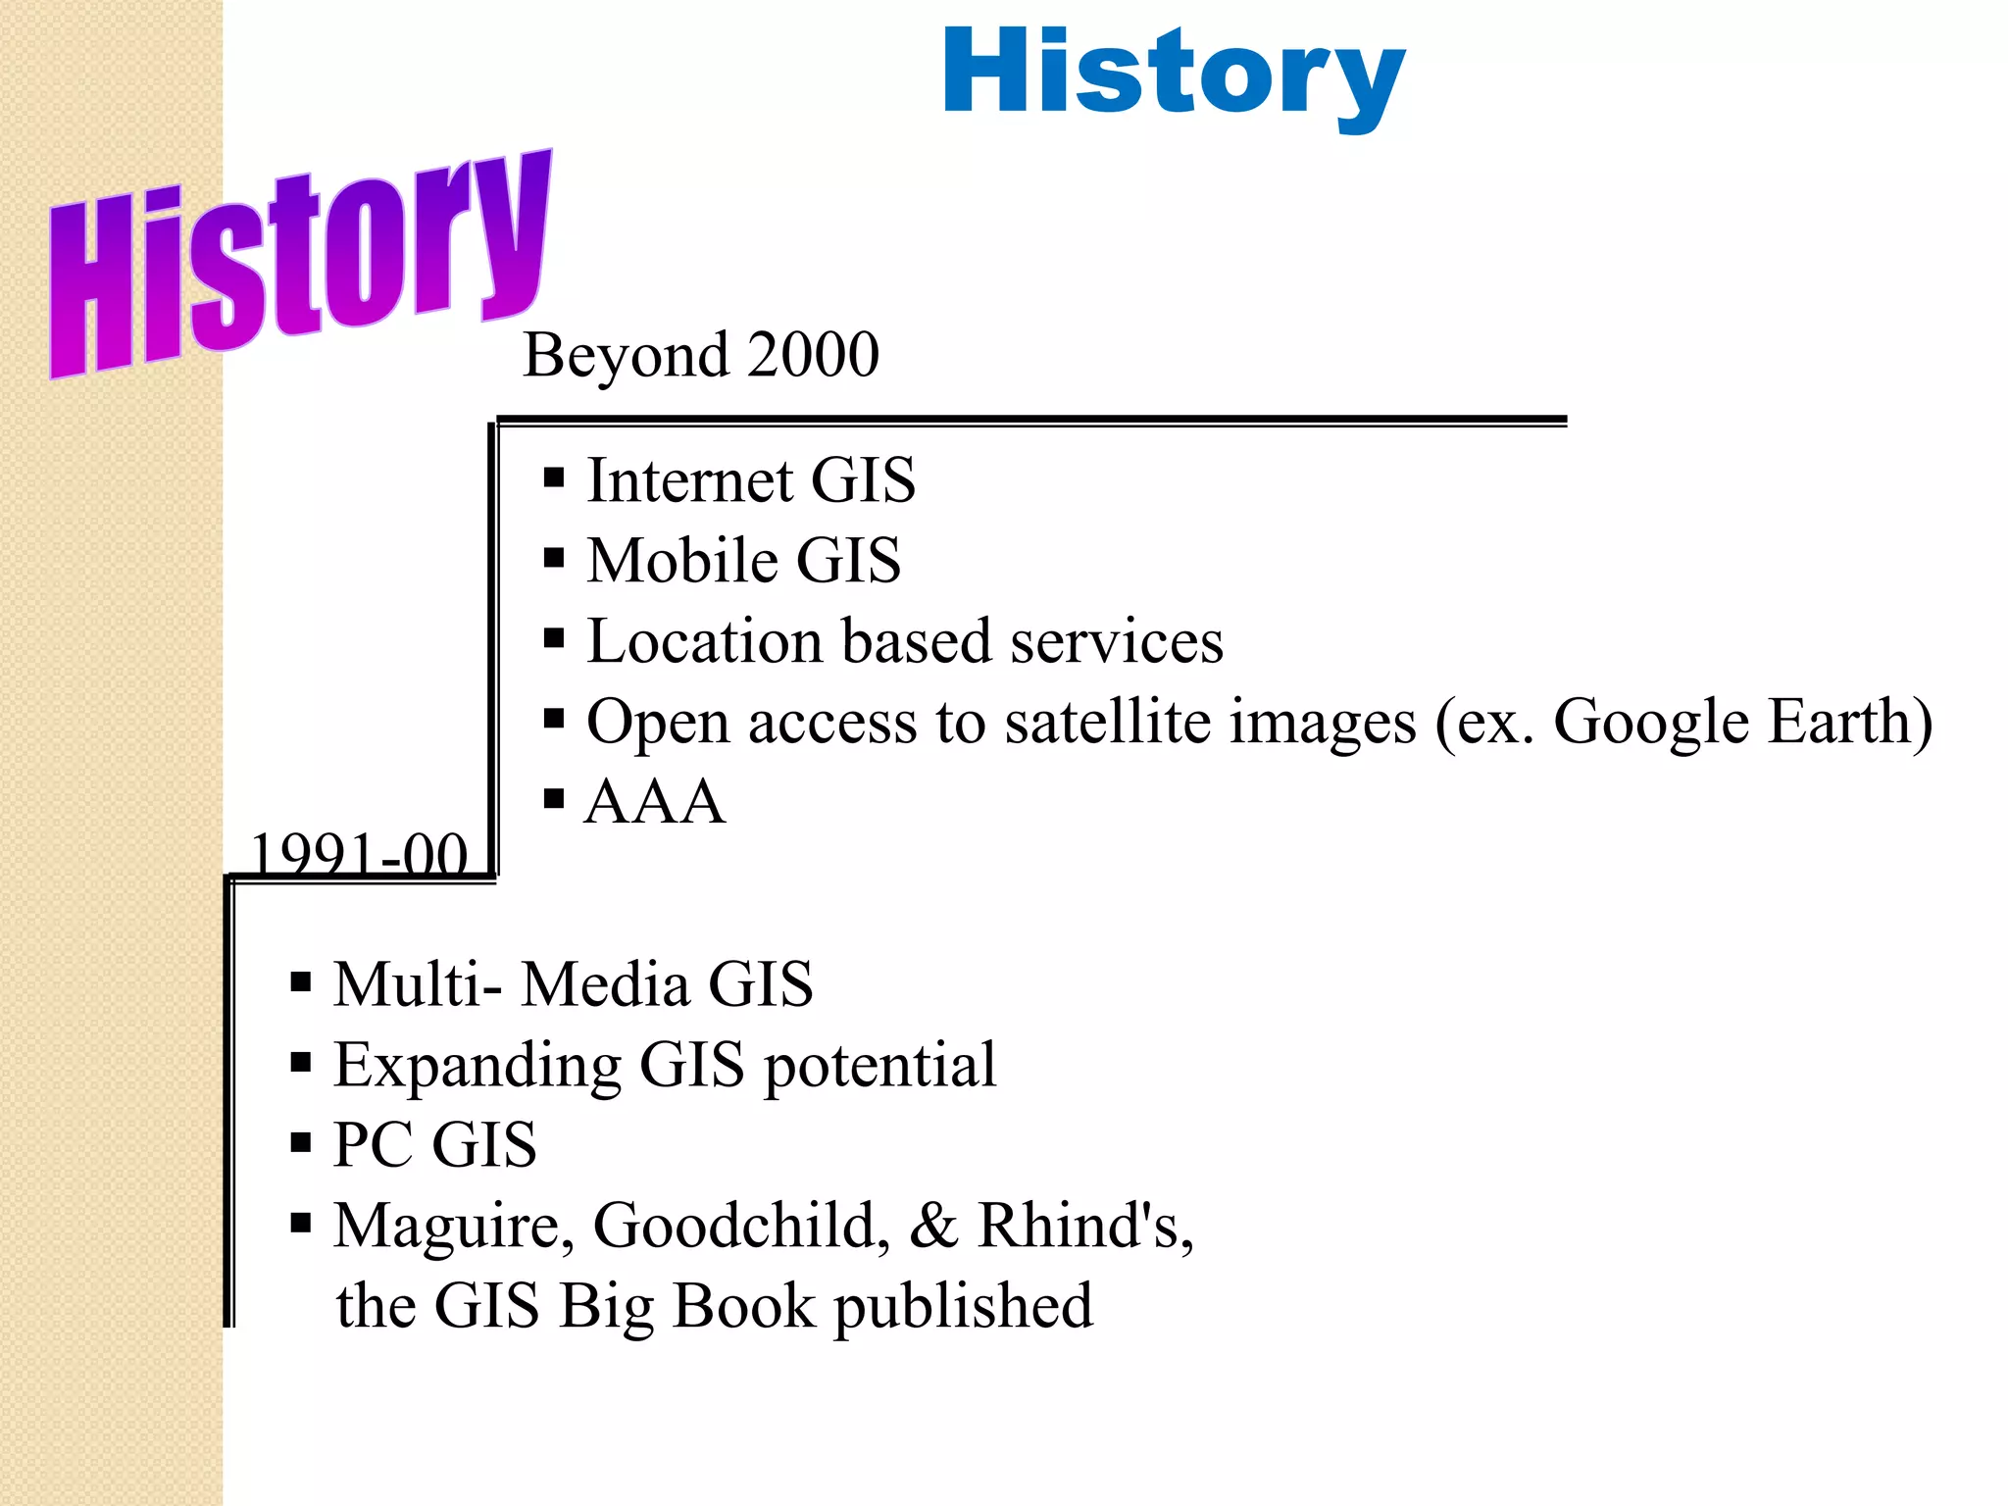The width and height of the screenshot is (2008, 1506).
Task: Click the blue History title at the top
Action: pos(1174,74)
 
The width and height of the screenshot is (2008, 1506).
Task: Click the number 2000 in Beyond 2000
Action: pos(813,354)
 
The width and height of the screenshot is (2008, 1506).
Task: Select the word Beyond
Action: pos(626,356)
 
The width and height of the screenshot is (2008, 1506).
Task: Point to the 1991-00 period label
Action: pos(359,854)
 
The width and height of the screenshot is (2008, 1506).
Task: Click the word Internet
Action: pos(690,480)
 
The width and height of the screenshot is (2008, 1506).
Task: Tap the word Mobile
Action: pos(682,561)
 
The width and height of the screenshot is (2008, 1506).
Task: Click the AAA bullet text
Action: pos(655,802)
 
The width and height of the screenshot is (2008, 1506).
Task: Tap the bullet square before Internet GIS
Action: pos(554,478)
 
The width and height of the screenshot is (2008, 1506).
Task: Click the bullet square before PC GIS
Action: pos(301,1143)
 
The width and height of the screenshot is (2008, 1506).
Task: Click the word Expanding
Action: pos(477,1066)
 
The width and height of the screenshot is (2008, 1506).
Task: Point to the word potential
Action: pos(879,1066)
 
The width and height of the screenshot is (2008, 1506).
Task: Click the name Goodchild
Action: pos(741,1226)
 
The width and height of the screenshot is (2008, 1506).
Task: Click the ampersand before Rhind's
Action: pos(933,1226)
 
